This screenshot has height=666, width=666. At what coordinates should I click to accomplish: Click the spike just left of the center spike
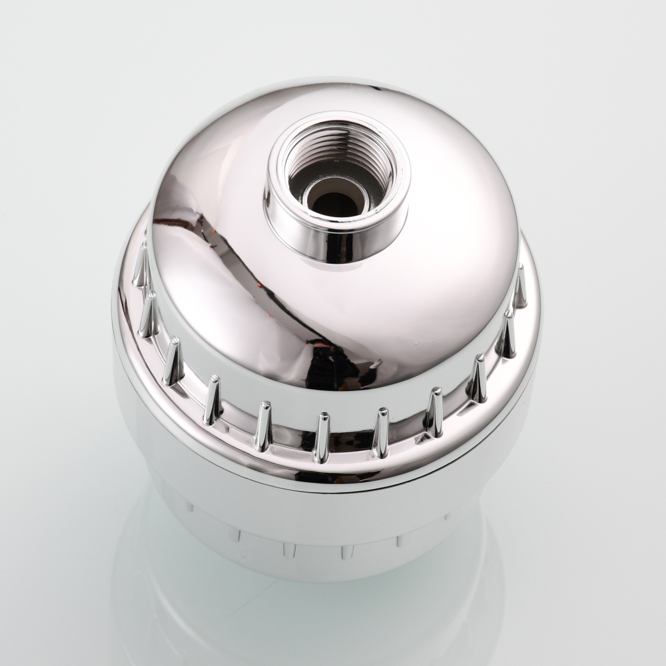tap(263, 426)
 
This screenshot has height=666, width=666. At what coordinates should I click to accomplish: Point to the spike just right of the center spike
tap(380, 434)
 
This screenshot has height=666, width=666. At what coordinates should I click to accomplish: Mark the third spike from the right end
tap(477, 380)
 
